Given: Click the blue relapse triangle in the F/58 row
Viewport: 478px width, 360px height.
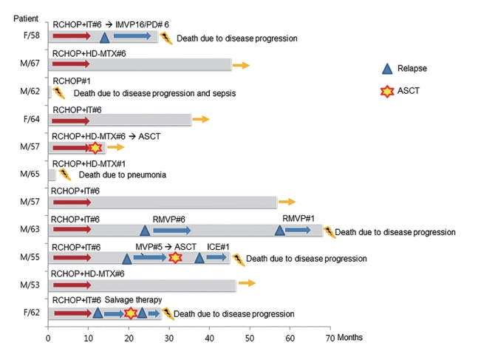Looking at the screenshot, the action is (105, 38).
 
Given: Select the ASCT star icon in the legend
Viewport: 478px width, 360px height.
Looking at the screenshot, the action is (387, 91).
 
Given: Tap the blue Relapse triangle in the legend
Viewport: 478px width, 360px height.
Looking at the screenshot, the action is (387, 69).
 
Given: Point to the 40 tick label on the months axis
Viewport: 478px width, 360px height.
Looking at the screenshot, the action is (209, 339).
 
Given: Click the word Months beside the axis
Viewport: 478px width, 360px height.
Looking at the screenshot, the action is (350, 337).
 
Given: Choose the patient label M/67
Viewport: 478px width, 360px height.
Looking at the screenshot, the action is (30, 63).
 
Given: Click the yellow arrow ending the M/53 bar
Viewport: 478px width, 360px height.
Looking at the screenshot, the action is (247, 283).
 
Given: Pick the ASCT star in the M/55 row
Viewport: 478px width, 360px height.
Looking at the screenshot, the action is (175, 257).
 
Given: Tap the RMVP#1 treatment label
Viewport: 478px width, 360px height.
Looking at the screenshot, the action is (298, 219).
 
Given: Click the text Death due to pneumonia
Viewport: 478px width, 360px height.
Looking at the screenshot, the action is (123, 174).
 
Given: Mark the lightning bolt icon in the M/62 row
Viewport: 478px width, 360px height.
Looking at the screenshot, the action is (59, 92).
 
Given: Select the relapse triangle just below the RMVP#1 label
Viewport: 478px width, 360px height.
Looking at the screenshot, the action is (280, 230).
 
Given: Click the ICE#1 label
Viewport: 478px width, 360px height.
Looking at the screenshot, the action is (218, 247).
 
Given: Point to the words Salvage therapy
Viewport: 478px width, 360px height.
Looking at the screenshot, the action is (133, 300).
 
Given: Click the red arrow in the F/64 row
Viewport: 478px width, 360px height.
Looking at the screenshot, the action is (71, 121).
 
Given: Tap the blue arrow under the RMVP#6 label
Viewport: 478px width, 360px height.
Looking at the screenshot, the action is (172, 231).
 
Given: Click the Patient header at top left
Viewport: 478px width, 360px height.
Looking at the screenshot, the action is (26, 18).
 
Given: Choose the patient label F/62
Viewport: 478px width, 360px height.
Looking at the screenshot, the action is (32, 313).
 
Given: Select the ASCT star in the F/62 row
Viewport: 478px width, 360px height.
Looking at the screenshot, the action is (131, 313).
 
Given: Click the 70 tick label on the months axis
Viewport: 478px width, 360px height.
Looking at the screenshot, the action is (330, 339).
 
